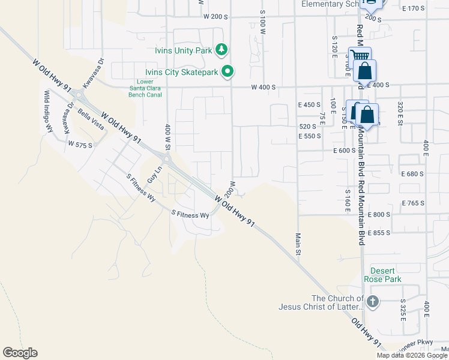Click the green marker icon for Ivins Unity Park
(x=222, y=49)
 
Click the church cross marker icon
(x=372, y=301)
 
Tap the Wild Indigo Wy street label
(x=47, y=111)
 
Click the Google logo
(x=20, y=353)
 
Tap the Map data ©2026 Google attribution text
(x=412, y=355)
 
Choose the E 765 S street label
(x=413, y=203)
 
